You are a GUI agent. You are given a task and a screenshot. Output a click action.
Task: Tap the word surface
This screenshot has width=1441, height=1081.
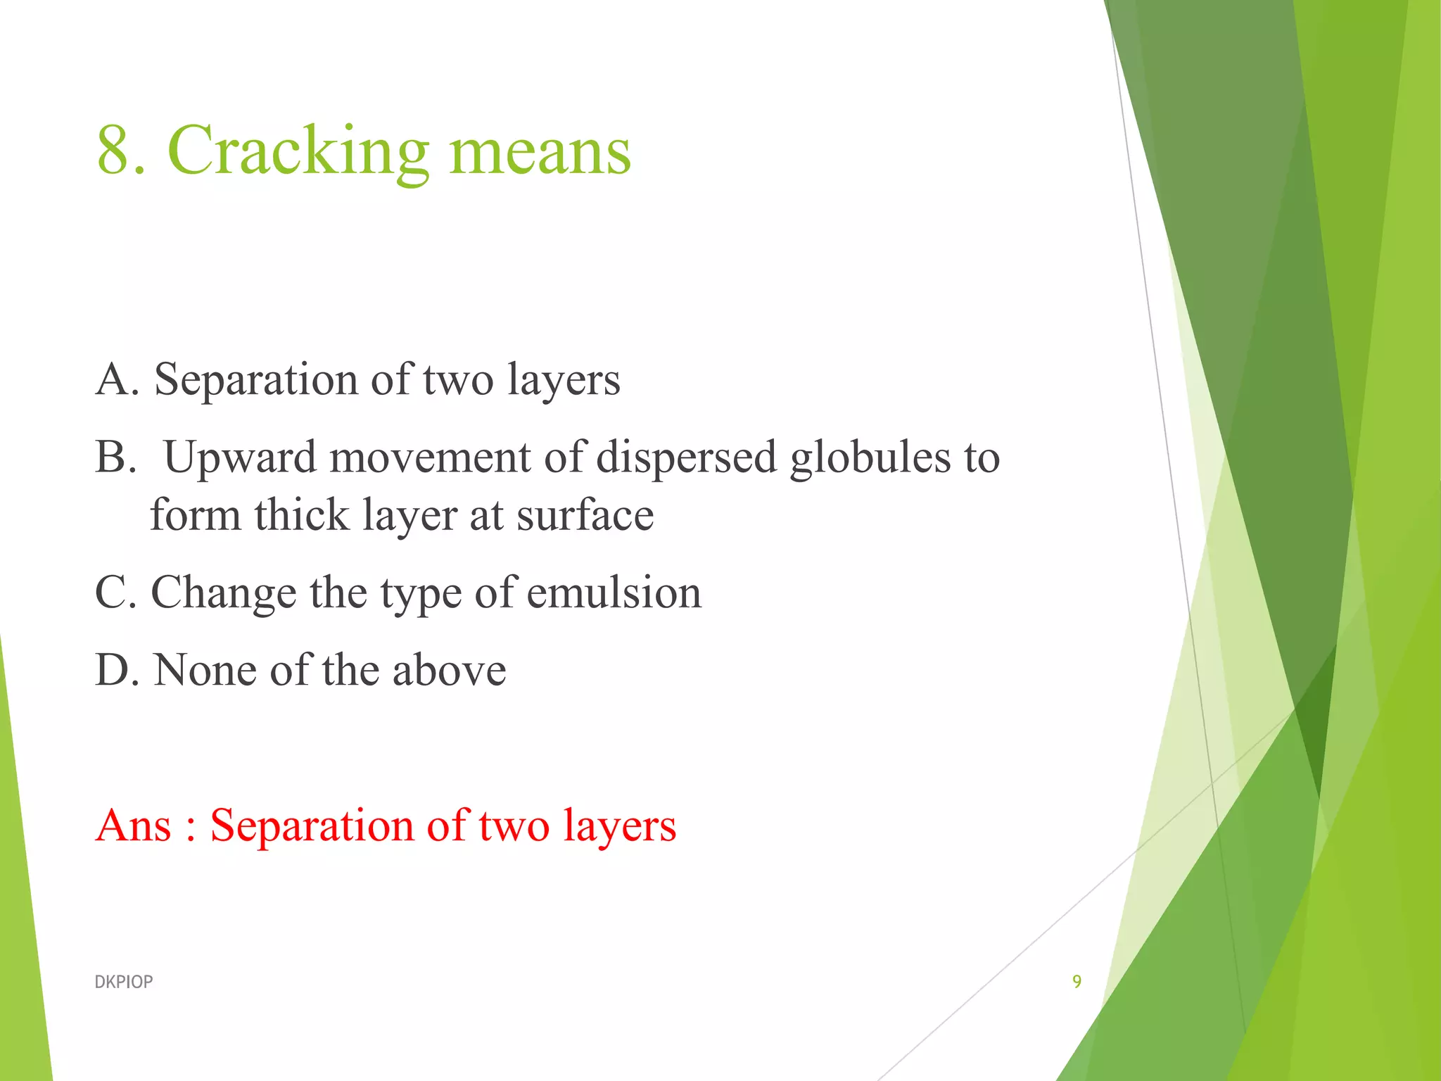[585, 517]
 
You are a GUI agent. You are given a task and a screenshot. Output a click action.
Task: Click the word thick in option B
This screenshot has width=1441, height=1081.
[302, 515]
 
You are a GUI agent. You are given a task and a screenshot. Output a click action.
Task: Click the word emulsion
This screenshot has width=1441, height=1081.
[614, 593]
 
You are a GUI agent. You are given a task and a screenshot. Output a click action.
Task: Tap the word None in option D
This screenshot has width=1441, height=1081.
[205, 670]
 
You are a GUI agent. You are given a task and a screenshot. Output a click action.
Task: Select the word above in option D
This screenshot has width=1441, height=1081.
[449, 670]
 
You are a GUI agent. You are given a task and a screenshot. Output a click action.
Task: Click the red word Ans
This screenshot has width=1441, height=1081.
[134, 826]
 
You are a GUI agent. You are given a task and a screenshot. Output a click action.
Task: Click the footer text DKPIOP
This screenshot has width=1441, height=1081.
[123, 982]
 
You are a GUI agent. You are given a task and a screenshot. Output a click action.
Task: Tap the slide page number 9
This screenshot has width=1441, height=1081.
[1077, 982]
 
